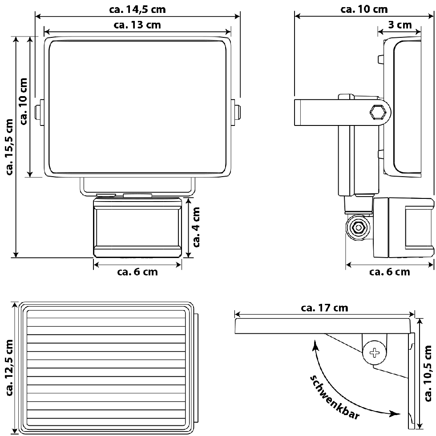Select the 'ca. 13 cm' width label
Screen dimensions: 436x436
[x=137, y=25]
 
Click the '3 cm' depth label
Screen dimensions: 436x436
[x=400, y=24]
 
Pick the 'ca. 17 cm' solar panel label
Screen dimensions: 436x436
[x=324, y=307]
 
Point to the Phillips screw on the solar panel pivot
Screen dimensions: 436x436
[x=375, y=353]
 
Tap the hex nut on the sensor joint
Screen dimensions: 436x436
[x=357, y=227]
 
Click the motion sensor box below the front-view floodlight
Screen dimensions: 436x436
[x=137, y=228]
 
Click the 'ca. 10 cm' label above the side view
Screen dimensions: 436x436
[x=364, y=9]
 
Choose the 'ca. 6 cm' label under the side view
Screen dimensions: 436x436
[x=389, y=272]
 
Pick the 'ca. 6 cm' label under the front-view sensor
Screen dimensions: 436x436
[x=137, y=272]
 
